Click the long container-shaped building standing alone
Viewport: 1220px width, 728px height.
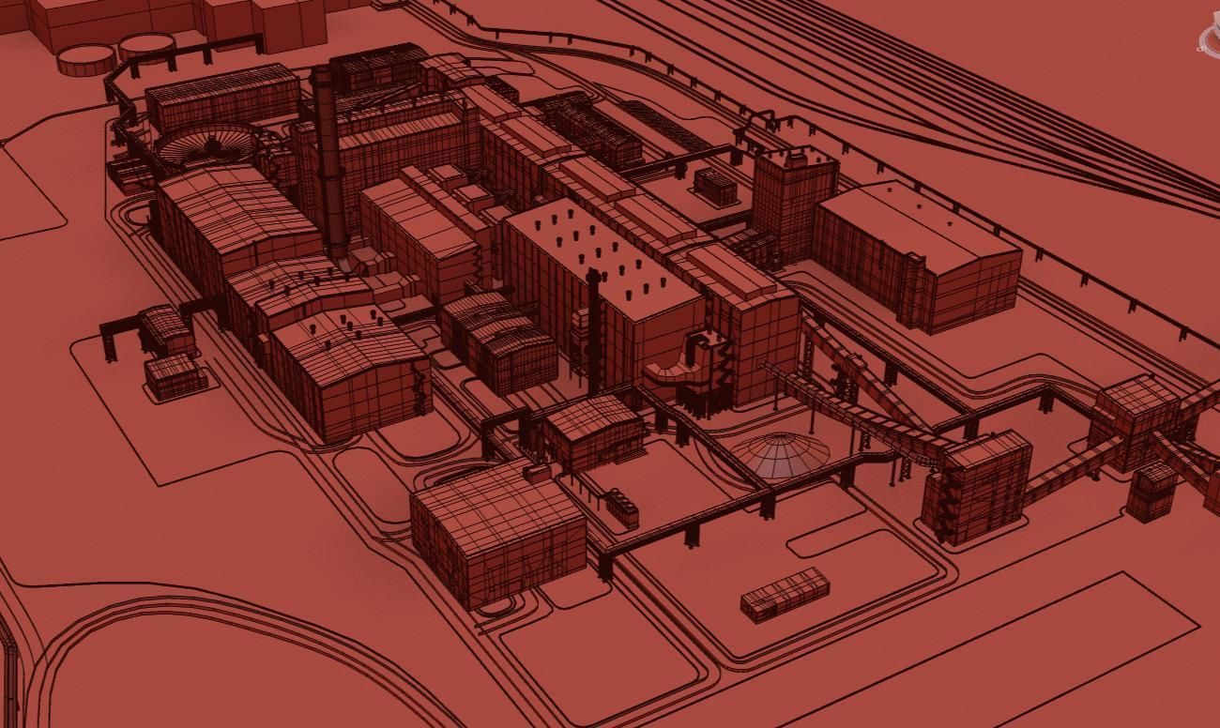point(785,593)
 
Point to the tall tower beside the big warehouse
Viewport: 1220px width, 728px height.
point(793,202)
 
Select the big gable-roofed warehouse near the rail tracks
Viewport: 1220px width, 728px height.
point(915,253)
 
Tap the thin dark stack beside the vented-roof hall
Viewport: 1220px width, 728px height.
point(593,328)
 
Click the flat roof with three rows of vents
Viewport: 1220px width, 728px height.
point(601,253)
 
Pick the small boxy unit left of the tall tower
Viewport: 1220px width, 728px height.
point(715,186)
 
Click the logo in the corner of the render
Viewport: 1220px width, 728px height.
point(1209,38)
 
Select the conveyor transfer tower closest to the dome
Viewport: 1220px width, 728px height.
point(976,488)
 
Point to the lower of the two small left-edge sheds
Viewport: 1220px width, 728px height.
point(175,375)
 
